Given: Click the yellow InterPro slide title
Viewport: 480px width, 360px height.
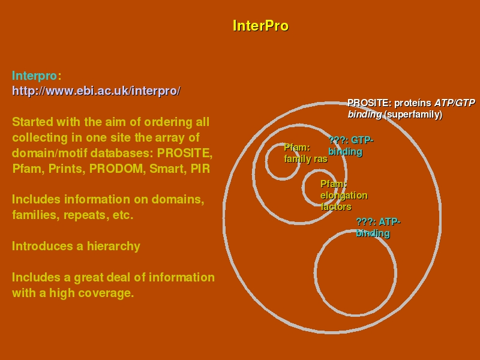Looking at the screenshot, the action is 260,26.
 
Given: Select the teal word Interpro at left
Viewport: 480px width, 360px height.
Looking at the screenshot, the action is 34,76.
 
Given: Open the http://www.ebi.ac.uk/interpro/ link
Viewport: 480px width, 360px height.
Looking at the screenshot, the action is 96,91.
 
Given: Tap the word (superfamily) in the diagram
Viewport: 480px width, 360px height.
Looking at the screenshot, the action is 413,115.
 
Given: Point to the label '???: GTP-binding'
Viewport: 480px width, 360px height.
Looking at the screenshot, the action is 351,146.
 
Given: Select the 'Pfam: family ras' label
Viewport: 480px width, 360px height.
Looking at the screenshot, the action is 306,154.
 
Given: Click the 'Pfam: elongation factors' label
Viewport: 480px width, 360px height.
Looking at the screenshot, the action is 344,196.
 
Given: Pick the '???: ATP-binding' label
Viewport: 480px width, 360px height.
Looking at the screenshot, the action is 378,227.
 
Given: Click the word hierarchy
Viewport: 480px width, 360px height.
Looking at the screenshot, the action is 113,247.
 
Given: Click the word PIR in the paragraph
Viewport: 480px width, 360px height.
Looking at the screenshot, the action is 200,169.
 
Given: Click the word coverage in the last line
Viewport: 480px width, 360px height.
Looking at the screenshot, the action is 107,293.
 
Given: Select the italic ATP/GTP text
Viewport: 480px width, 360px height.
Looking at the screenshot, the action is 455,103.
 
